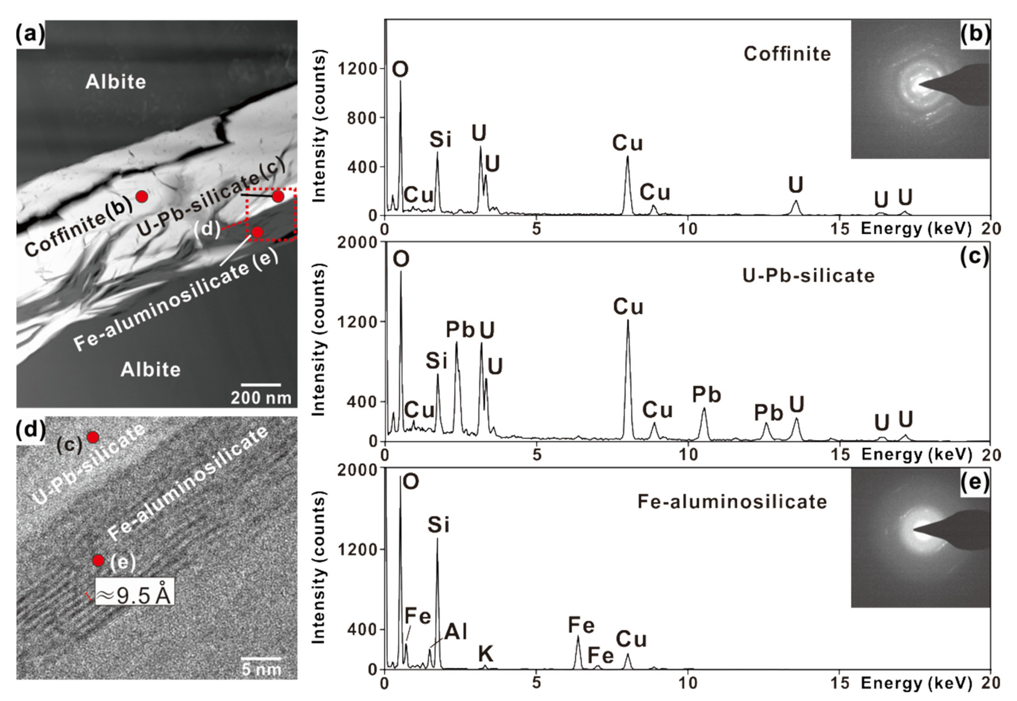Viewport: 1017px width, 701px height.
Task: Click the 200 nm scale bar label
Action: (x=261, y=398)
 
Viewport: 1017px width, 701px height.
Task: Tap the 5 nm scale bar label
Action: (x=261, y=669)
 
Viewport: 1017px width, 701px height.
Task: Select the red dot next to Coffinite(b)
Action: (x=141, y=196)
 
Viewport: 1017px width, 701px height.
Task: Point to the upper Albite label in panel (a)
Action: (x=115, y=82)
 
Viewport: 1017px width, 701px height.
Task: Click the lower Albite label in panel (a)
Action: (x=151, y=370)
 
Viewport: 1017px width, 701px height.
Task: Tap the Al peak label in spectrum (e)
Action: (x=455, y=632)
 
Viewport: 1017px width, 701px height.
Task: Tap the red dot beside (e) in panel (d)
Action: (x=98, y=561)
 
